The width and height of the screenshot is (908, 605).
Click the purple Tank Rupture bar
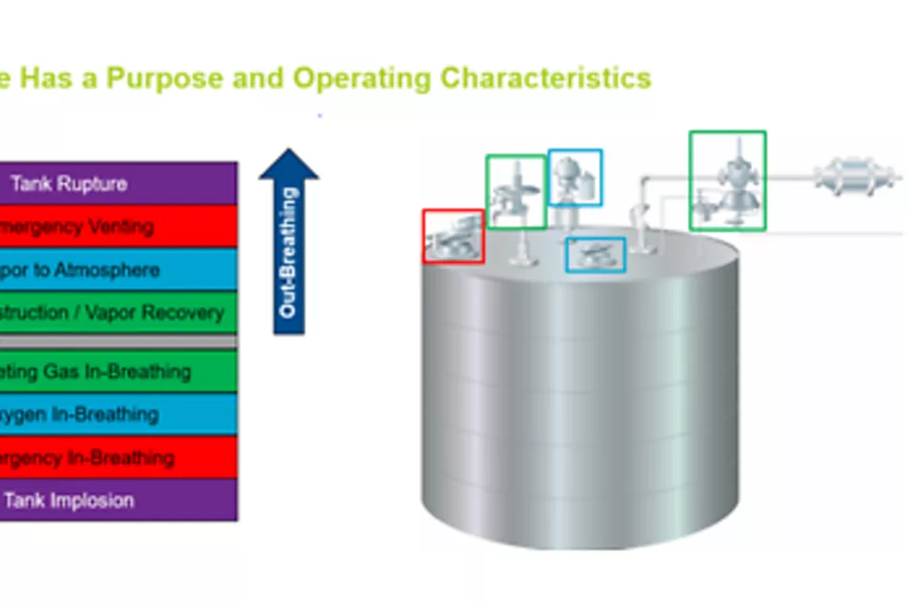118,183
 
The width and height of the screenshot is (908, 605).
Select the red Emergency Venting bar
118,227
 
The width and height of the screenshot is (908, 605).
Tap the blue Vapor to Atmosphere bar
118,270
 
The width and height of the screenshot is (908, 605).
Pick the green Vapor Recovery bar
118,313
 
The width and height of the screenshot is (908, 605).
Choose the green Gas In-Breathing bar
118,372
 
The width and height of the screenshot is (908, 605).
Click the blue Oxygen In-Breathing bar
118,414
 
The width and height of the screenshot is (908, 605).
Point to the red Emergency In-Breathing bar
118,458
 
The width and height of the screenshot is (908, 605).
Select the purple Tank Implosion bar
118,500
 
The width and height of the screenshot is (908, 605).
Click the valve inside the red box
452,236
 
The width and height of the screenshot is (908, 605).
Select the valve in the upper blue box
574,178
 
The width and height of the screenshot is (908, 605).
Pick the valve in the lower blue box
595,253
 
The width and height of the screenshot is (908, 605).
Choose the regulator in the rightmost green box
726,181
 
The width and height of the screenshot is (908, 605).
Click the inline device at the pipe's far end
854,176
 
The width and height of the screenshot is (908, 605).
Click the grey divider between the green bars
118,341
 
